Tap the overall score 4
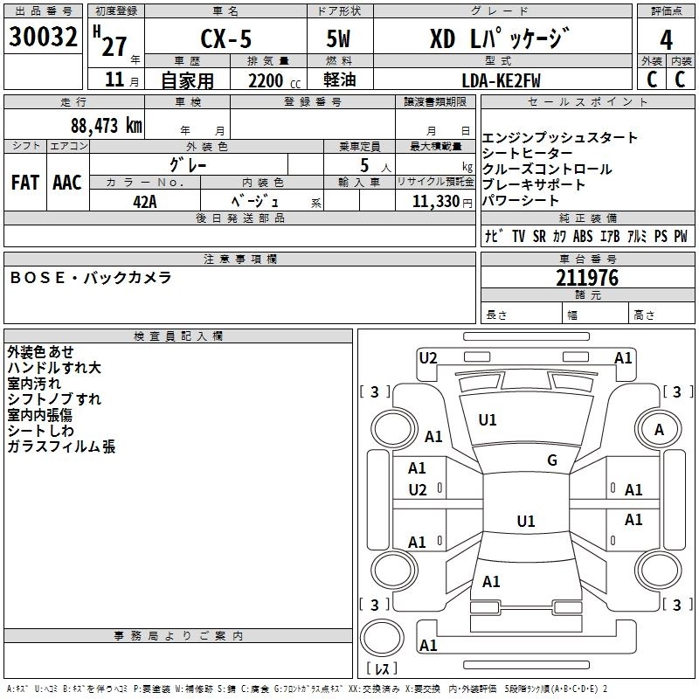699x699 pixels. (x=666, y=39)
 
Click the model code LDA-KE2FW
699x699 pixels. (x=501, y=80)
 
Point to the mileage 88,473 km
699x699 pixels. (x=106, y=125)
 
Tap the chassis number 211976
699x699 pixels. (x=587, y=278)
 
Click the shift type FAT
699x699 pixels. (x=24, y=183)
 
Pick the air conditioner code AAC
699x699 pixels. (x=67, y=183)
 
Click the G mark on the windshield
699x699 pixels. (x=552, y=460)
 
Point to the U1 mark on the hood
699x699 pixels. (x=488, y=420)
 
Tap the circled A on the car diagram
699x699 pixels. (x=659, y=429)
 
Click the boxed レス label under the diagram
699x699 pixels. (x=382, y=668)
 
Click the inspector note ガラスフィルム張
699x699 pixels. (x=61, y=447)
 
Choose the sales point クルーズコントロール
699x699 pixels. (x=547, y=170)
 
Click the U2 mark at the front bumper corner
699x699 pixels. (x=428, y=357)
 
